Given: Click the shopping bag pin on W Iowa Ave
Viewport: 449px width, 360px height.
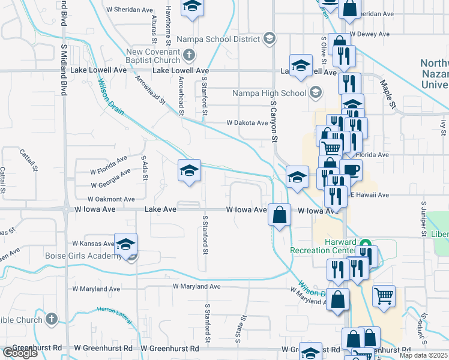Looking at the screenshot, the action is pyautogui.click(x=280, y=214).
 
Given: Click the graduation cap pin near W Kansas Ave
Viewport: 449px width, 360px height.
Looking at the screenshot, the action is pyautogui.click(x=125, y=245).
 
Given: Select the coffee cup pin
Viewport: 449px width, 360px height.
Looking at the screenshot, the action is pyautogui.click(x=351, y=170).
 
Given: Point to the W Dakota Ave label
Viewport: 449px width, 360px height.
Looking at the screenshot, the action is pyautogui.click(x=247, y=123).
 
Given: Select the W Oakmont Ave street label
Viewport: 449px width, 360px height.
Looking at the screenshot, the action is pyautogui.click(x=112, y=199).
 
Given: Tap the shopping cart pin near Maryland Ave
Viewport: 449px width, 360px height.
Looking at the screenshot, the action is pyautogui.click(x=384, y=295).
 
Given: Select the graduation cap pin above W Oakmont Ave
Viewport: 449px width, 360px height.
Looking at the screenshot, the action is pyautogui.click(x=188, y=171).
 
